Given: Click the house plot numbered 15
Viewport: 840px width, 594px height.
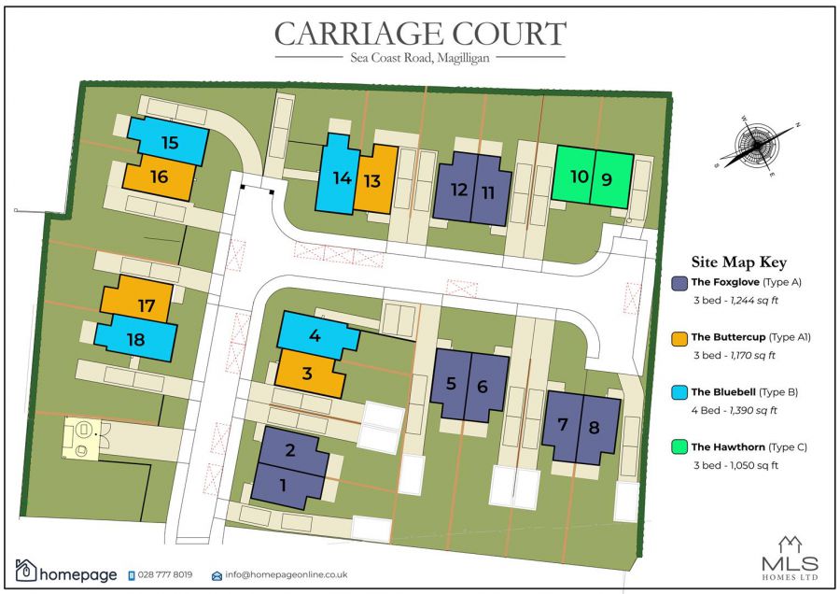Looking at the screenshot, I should (169, 143).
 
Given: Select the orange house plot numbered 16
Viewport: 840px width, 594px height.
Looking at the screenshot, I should (159, 176).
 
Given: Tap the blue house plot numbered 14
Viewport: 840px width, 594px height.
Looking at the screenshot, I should (341, 177).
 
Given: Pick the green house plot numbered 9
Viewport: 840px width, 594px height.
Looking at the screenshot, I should (608, 177).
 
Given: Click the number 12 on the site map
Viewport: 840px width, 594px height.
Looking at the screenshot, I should (458, 191).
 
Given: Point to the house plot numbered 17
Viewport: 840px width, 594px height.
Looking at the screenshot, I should (146, 305).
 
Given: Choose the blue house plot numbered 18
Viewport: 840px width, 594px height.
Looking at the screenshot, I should (136, 339).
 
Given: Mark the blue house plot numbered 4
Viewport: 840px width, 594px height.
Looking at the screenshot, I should (315, 334).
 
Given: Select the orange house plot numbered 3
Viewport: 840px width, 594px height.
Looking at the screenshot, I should (309, 375).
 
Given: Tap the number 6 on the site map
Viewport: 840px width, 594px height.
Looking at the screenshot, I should (483, 385).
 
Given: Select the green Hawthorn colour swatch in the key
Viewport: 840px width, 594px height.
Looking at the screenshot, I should (680, 447).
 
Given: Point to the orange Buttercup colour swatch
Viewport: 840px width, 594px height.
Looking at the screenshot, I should (680, 338).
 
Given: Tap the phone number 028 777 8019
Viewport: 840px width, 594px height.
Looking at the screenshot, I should (165, 574).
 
